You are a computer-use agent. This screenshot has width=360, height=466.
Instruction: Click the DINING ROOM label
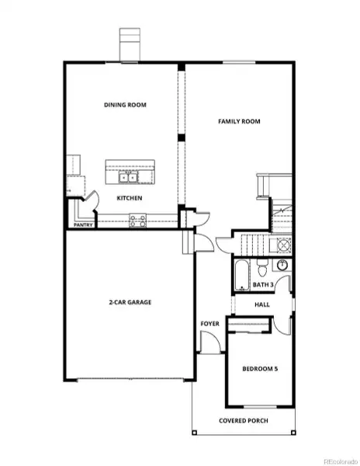click(x=125, y=105)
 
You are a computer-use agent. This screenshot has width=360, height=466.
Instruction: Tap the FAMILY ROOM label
click(x=238, y=121)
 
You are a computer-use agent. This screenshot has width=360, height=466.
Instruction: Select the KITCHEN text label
click(x=129, y=198)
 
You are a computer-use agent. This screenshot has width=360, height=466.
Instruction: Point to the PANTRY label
click(x=83, y=226)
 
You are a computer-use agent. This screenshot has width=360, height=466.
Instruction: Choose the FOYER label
click(x=209, y=323)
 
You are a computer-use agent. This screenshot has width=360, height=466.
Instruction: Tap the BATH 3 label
click(x=263, y=285)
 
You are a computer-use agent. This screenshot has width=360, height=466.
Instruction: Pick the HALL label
click(x=262, y=304)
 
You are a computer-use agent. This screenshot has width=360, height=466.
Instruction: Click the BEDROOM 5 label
click(x=259, y=367)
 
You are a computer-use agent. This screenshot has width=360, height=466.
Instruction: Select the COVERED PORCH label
click(x=244, y=420)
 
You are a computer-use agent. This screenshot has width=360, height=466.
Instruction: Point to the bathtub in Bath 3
click(x=241, y=274)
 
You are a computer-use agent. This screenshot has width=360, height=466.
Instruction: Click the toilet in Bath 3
click(x=263, y=270)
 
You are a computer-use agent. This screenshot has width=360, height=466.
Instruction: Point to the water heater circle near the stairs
click(x=284, y=245)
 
